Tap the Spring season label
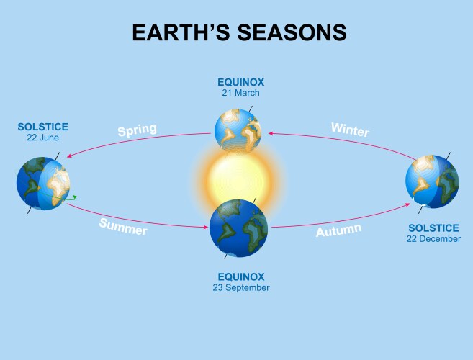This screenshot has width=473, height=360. coord(137,131)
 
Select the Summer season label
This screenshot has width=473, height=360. coord(123,227)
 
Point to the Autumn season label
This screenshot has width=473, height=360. coord(338,231)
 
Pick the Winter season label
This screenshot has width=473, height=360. coord(350,130)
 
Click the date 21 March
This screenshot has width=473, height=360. coord(241,93)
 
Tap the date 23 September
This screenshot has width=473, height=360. coord(241,287)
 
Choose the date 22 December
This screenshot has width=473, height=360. coord(434,238)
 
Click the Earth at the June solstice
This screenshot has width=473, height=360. coord(43,183)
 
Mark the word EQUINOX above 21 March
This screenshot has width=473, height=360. coord(241,82)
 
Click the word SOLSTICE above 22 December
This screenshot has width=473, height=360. coord(434,228)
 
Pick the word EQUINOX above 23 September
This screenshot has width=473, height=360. coord(241,276)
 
